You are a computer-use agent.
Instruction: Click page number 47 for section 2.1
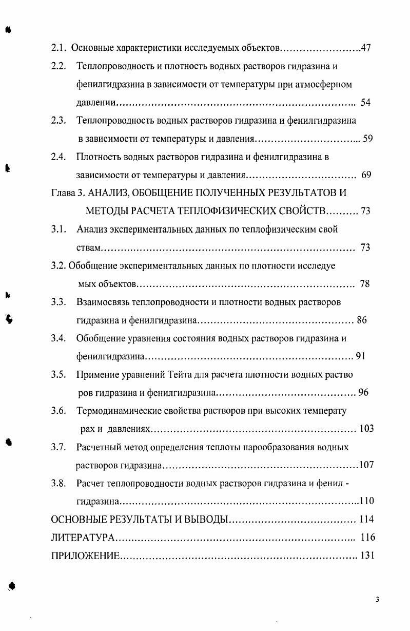coord(366,49)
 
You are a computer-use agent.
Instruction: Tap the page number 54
coord(365,103)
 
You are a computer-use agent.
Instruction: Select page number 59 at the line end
coord(367,139)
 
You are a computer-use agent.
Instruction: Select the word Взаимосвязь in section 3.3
coord(104,302)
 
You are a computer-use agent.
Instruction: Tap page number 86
coord(362,320)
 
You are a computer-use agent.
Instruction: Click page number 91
coord(360,356)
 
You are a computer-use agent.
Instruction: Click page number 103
coord(367,429)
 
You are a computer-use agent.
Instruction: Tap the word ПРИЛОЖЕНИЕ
coord(85,556)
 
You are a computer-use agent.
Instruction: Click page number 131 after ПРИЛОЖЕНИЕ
coord(367,556)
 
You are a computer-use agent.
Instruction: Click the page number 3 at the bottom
coord(377,600)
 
